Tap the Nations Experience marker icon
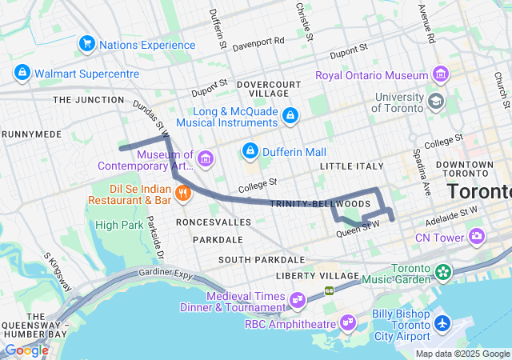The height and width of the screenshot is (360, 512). click(86, 44)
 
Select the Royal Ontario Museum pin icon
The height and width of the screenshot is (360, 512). click(440, 75)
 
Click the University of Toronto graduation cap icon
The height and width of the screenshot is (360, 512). click(435, 102)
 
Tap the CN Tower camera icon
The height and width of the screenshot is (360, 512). click(477, 237)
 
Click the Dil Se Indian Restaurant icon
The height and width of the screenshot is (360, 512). click(183, 192)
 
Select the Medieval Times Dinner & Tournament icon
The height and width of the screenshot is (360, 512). click(298, 301)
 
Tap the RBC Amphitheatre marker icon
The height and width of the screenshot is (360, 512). click(348, 323)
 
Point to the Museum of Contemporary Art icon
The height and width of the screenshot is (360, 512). click(206, 159)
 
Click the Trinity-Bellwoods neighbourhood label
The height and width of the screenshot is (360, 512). click(309, 205)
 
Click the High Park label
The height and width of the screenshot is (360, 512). click(119, 225)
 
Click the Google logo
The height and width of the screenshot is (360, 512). click(26, 350)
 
